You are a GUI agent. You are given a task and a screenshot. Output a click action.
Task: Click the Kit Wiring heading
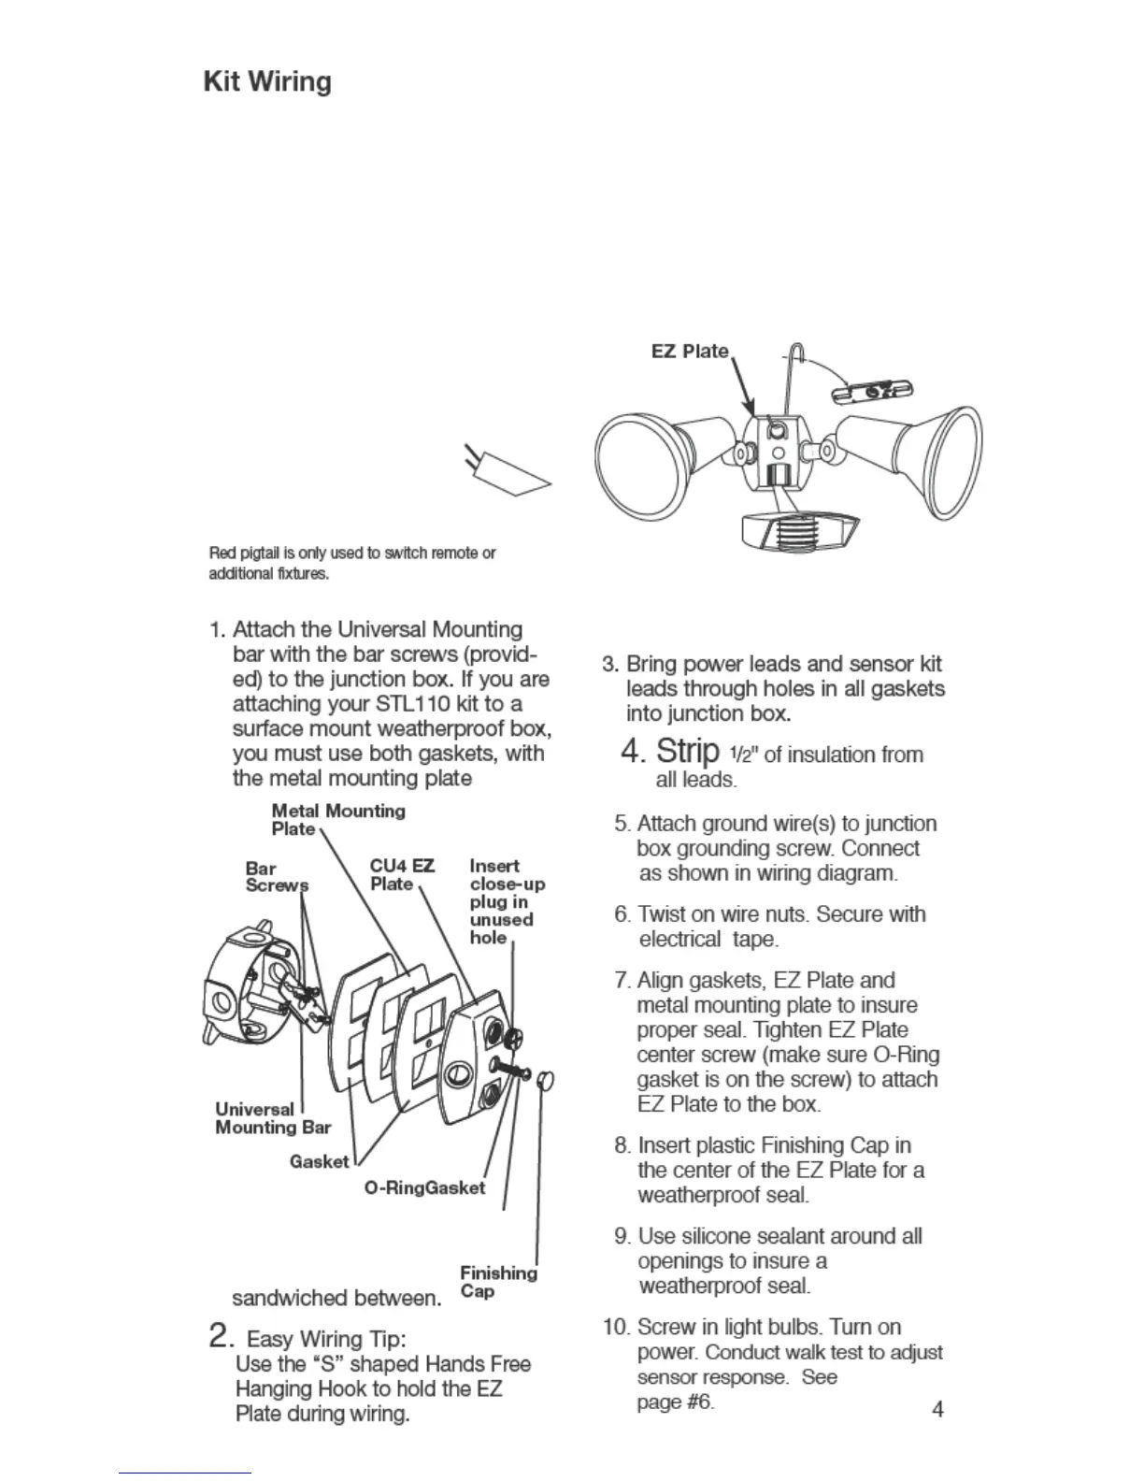click(267, 82)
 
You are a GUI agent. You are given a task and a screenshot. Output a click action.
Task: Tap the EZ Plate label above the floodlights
click(690, 352)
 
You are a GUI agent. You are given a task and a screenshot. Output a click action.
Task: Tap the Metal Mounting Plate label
click(337, 819)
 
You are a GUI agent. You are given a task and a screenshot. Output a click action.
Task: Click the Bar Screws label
click(276, 877)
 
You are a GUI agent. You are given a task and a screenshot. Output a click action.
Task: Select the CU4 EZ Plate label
click(402, 874)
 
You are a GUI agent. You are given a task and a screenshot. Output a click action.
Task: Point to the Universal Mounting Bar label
click(272, 1118)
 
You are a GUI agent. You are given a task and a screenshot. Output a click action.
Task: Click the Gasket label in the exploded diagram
click(319, 1161)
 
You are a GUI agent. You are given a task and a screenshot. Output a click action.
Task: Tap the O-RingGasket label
click(424, 1188)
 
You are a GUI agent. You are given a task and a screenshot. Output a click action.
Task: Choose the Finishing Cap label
click(497, 1282)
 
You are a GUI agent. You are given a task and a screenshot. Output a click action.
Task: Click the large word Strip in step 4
click(687, 751)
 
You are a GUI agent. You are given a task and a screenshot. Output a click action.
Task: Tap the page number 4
click(937, 1409)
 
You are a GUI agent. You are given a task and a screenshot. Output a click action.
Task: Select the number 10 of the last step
click(615, 1328)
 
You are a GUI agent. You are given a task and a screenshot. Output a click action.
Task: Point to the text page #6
click(675, 1402)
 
